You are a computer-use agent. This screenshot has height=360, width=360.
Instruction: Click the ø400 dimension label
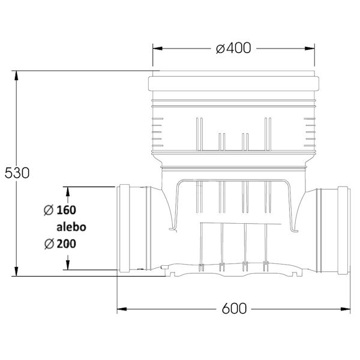click(x=233, y=48)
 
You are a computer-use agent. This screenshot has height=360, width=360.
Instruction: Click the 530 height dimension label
click(x=17, y=173)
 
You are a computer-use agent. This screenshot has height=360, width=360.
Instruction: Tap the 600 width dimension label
click(x=234, y=309)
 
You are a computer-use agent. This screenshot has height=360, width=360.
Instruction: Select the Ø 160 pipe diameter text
click(x=60, y=210)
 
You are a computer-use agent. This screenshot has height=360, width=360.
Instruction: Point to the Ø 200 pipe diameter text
click(x=60, y=244)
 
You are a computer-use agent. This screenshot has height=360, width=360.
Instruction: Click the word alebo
click(x=71, y=227)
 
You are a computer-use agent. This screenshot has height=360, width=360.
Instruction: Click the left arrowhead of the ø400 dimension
click(x=157, y=49)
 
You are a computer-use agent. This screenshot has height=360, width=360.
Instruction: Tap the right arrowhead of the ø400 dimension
click(x=310, y=49)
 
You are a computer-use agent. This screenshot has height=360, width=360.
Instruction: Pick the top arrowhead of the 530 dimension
click(x=16, y=76)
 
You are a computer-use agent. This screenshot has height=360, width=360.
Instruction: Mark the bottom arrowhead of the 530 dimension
click(x=16, y=271)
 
